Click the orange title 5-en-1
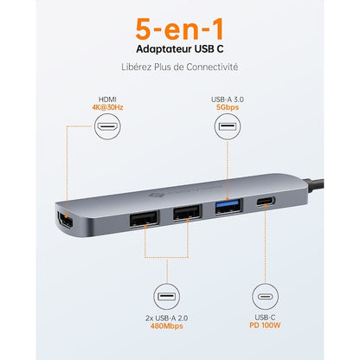tap(179, 26)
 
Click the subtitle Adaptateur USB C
tap(179, 48)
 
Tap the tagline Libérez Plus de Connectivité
tap(179, 67)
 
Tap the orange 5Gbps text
tap(228, 107)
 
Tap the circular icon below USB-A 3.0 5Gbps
tap(228, 130)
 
